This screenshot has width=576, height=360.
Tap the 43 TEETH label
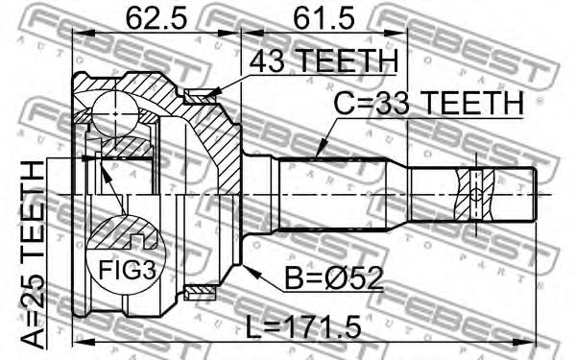pos(324,60)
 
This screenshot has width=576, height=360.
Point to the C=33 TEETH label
pos(428,103)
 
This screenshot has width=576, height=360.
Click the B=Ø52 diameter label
pos(334,277)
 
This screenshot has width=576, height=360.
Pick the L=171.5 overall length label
pos(303,327)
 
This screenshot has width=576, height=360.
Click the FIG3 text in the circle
pos(127,270)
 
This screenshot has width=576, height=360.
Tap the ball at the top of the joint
pos(115,113)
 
